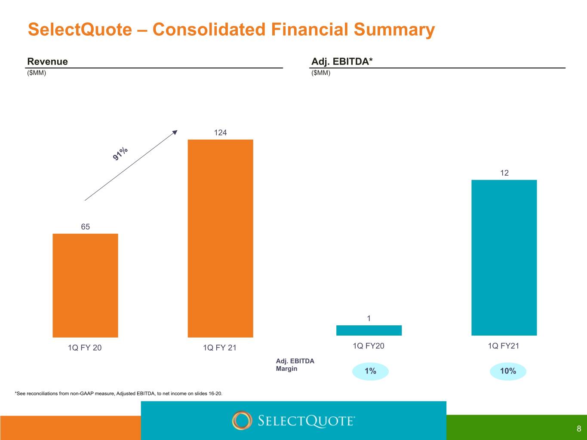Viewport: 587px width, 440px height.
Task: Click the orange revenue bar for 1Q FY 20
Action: point(85,285)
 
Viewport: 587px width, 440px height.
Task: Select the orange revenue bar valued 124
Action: point(220,238)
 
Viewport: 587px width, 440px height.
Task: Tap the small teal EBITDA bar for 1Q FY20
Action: point(369,330)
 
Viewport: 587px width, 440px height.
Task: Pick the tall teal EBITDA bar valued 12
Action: point(504,257)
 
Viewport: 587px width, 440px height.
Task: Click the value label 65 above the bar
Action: point(85,227)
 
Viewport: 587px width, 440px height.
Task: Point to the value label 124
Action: point(220,133)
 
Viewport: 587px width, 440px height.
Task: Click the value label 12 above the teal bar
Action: point(504,173)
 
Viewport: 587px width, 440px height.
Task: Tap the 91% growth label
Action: point(120,153)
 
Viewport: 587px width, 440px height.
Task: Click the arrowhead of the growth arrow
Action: point(175,132)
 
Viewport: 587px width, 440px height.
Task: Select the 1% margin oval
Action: point(370,371)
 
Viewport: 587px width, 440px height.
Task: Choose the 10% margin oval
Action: point(508,371)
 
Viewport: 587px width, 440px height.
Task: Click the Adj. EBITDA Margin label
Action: point(295,365)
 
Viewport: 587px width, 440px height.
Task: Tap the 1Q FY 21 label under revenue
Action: point(220,348)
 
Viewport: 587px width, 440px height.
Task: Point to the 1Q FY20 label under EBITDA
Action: point(369,346)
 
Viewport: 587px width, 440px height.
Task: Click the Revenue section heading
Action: point(48,61)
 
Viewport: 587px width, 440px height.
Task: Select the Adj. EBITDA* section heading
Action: point(342,61)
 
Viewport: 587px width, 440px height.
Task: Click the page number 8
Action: point(579,429)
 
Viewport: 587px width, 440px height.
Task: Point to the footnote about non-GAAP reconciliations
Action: point(118,394)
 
